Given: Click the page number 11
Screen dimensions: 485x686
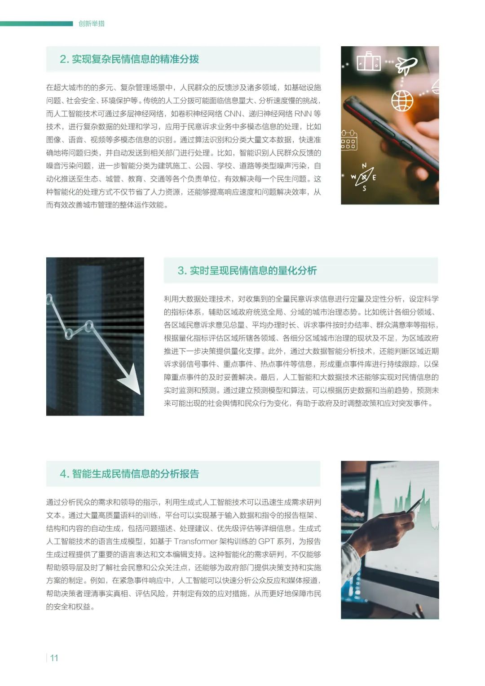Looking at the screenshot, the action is point(54,658).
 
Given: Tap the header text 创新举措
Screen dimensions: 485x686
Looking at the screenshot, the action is point(92,23).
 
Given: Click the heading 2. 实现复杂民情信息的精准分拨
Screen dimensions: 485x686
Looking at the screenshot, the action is point(129,59).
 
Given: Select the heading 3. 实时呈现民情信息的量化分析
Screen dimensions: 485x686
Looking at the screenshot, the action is point(247,270).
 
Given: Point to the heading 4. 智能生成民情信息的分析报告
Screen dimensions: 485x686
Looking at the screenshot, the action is point(129,474).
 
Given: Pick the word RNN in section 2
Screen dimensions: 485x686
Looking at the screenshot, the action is point(302,114).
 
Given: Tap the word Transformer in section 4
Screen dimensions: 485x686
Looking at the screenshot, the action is point(196,541).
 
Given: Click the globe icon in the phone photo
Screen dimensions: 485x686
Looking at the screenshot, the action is point(402,100).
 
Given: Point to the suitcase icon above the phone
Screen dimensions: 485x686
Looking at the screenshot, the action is point(369,61).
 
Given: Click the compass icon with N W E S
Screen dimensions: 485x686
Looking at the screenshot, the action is point(364,177).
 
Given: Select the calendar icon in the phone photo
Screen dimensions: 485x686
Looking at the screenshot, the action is point(349,140).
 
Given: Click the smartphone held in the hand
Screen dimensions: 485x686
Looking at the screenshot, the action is point(392,135).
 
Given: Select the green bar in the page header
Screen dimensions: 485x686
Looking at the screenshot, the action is point(36,23).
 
